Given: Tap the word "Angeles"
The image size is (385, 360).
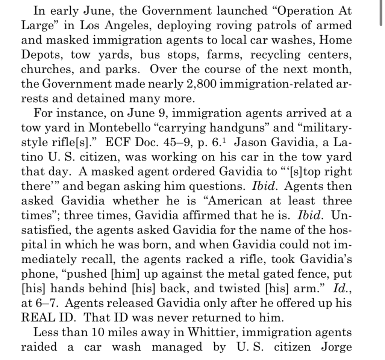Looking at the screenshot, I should pos(127,25).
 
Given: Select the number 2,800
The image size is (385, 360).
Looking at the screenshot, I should pos(200,84).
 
